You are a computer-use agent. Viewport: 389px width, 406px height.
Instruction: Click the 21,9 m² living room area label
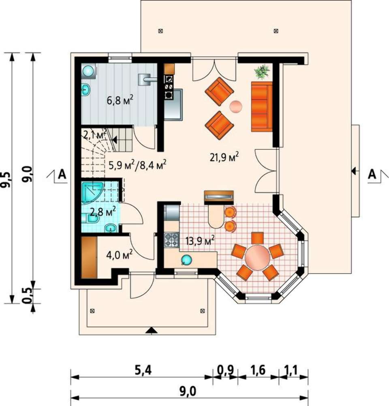(x=224, y=157)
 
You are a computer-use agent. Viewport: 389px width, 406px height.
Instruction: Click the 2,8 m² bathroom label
(x=103, y=212)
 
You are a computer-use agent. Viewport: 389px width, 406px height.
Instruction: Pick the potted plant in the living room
(x=262, y=72)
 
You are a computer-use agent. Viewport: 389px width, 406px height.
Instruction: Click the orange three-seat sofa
(x=262, y=106)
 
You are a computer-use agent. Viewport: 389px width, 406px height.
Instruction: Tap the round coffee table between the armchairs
(x=236, y=106)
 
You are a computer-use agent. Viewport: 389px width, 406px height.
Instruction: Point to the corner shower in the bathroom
(x=92, y=192)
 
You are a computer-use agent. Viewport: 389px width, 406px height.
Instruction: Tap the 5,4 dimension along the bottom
(x=143, y=371)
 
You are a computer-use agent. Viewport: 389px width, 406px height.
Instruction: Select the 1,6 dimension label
(x=258, y=370)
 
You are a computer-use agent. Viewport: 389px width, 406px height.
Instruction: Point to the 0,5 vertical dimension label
(x=27, y=296)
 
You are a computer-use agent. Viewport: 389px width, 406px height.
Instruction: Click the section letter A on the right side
(x=372, y=174)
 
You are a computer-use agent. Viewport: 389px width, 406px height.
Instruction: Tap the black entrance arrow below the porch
(x=151, y=330)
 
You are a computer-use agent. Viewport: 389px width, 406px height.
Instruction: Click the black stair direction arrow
(x=114, y=140)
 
